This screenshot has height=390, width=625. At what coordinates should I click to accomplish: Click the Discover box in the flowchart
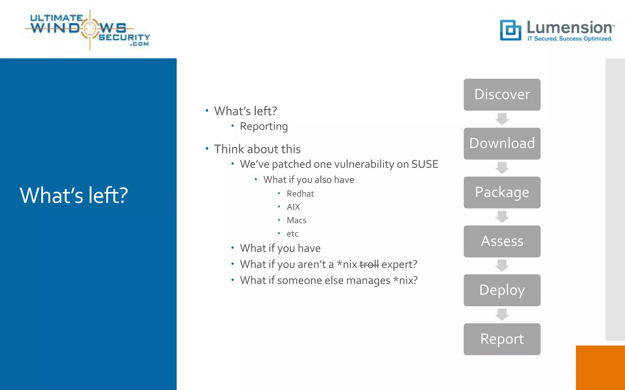pos(502,94)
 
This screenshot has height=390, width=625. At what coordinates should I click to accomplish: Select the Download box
pos(502,144)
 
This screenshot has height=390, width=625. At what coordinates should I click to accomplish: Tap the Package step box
pos(502,192)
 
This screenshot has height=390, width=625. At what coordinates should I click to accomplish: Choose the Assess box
pos(502,241)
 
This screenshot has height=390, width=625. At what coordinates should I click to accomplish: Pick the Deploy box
pos(502,290)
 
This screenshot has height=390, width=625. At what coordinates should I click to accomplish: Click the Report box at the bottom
pos(502,339)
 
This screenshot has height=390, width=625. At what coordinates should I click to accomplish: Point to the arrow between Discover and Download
pos(502,119)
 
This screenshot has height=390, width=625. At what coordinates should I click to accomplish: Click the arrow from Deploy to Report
pos(502,314)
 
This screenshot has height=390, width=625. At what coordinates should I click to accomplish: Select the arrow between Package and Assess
pos(502,217)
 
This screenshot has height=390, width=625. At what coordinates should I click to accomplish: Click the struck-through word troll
pos(369,264)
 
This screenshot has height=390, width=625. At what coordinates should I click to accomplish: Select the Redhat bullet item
pos(300,194)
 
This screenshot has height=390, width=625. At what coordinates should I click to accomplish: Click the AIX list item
pos(293,207)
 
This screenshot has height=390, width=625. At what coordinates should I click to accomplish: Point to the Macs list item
pos(296,220)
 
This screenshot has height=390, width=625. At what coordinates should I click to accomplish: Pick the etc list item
pos(292,234)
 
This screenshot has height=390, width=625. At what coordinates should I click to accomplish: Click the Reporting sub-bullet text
pos(264,126)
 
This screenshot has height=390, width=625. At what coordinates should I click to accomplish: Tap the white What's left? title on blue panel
pos(74,195)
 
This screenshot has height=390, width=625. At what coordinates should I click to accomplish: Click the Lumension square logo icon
pos(510,30)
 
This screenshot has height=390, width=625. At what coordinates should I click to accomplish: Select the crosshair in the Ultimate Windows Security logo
pos(90,29)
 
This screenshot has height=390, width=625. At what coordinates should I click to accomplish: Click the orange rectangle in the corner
pos(600,367)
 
